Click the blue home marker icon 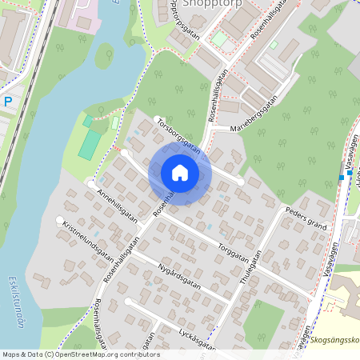(180, 173)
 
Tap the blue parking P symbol (8, 102)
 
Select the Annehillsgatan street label (117, 205)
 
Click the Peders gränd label (307, 219)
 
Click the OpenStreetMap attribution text (80, 354)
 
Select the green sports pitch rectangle (90, 144)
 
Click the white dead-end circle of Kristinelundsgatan (59, 220)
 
